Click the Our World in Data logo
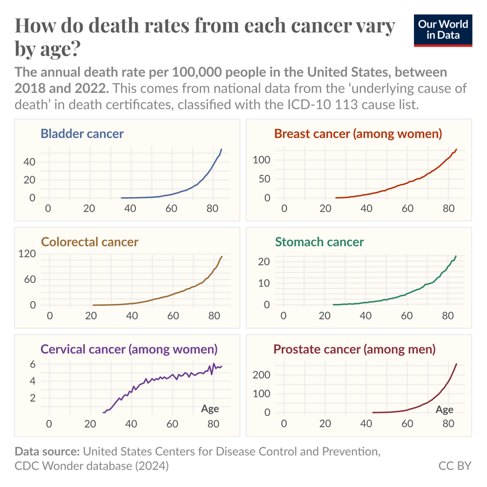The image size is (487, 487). (443, 30)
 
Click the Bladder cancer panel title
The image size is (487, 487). (82, 133)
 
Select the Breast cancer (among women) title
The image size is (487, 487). (358, 133)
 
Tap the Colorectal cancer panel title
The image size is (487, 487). (90, 242)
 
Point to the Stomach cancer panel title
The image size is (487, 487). (319, 242)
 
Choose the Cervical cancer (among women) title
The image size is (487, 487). (129, 349)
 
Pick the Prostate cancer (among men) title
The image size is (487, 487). (355, 349)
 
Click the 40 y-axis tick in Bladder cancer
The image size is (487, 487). (30, 162)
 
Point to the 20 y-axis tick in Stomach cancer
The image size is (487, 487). (264, 262)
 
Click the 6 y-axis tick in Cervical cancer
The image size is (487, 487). (33, 364)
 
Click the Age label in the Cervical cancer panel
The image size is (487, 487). (210, 409)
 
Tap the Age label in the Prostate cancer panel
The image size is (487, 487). (444, 410)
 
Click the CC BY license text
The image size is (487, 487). (455, 466)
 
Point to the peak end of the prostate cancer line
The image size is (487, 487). (456, 364)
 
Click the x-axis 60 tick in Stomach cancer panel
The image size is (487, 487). (407, 316)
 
